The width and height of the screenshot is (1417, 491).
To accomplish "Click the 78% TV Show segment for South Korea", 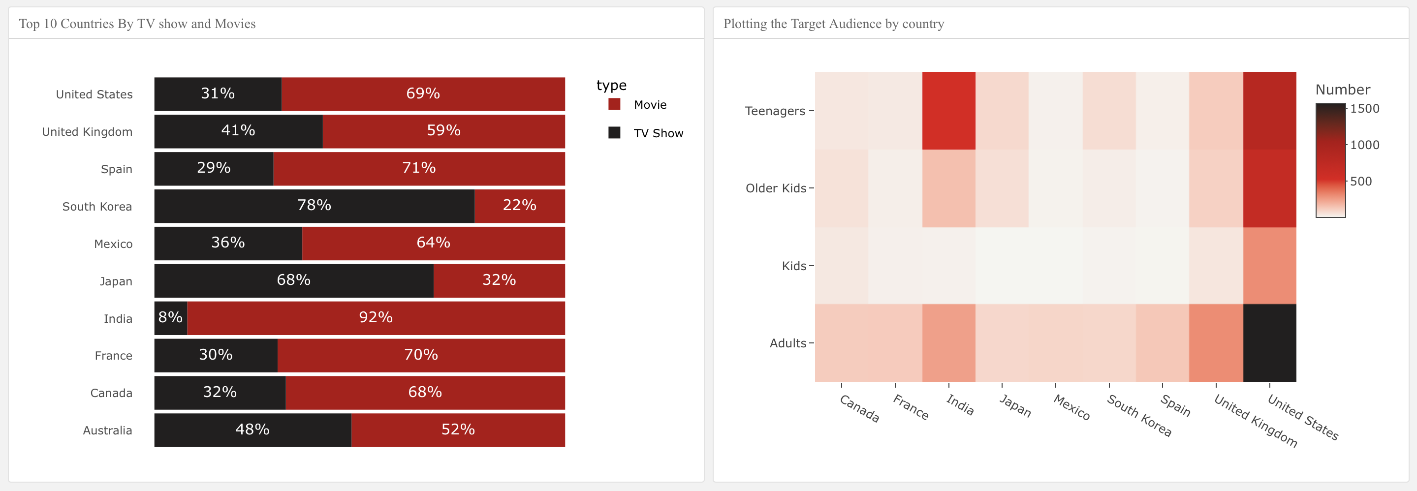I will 314,206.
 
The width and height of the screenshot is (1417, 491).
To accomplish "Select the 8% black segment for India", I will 170,318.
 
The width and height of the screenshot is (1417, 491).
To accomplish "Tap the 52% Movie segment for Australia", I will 458,430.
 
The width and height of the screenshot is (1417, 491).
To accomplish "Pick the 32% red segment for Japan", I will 499,280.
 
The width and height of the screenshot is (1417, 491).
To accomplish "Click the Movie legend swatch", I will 614,104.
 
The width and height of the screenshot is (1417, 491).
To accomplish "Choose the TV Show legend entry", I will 658,133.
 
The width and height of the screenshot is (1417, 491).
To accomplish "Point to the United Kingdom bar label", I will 87,132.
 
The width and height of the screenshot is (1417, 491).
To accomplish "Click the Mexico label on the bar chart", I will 113,244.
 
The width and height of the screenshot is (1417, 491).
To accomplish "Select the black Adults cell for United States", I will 1269,342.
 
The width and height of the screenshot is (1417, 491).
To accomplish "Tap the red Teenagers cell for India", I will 948,111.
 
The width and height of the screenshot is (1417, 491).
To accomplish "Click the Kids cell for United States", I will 1269,266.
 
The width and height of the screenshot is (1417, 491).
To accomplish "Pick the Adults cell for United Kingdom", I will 1216,342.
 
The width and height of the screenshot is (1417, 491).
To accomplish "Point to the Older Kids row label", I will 776,188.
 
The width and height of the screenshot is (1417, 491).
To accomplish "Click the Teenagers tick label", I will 775,111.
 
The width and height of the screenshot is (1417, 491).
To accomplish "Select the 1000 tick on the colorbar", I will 1364,145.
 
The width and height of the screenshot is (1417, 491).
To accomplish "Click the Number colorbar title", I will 1342,90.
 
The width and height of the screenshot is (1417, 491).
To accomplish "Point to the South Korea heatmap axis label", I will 1138,416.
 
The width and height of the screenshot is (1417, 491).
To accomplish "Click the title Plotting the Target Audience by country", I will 833,24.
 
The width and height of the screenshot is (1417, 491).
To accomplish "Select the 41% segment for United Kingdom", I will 238,131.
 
